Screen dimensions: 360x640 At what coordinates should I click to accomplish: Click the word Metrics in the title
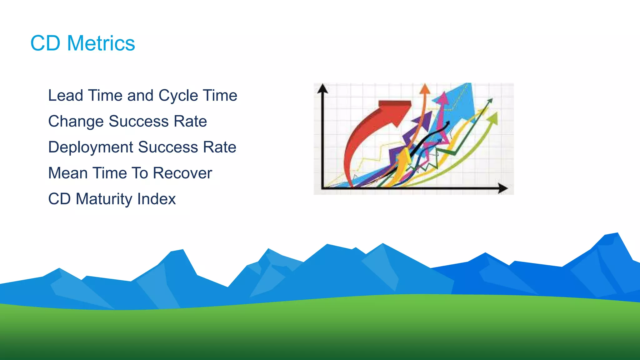coord(101,43)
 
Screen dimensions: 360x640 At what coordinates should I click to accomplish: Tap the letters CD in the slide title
coord(45,43)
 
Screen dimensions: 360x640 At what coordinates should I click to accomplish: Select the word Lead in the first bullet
coord(65,95)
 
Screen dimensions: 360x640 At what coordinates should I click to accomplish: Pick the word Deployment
coord(91,147)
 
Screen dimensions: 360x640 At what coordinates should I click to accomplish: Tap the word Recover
coord(182,173)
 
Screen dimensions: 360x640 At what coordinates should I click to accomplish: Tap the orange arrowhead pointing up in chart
coord(425,89)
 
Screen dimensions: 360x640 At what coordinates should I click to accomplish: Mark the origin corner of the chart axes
coord(322,188)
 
